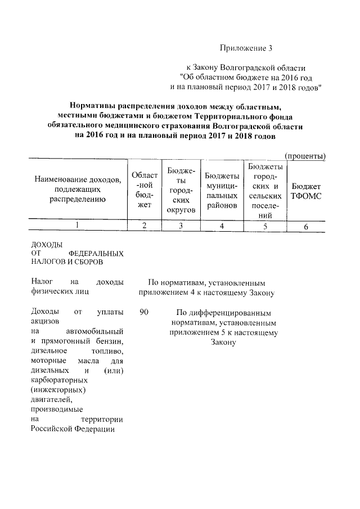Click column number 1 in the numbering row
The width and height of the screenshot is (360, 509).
pyautogui.click(x=78, y=226)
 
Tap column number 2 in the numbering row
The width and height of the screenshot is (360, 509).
pyautogui.click(x=145, y=226)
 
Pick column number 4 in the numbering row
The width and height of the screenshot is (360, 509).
pyautogui.click(x=222, y=226)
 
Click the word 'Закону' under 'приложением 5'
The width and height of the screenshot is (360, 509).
pyautogui.click(x=222, y=343)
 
